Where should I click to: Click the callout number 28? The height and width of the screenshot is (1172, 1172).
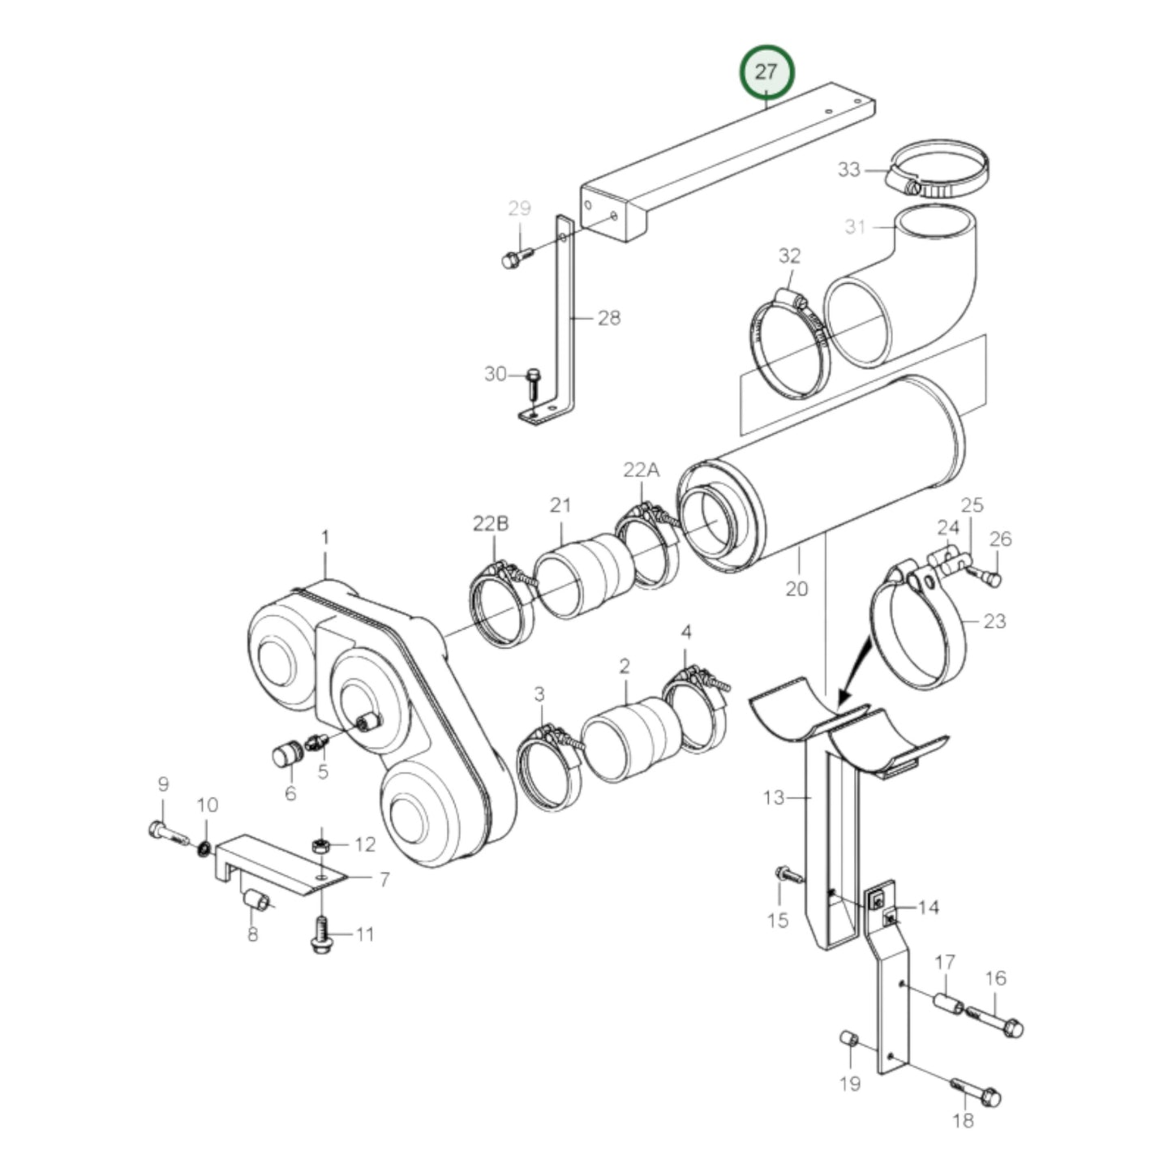(608, 318)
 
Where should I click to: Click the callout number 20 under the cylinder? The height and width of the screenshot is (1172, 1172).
(796, 588)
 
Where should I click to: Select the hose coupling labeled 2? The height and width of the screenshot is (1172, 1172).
(633, 738)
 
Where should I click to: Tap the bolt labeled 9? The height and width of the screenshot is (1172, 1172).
(165, 832)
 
